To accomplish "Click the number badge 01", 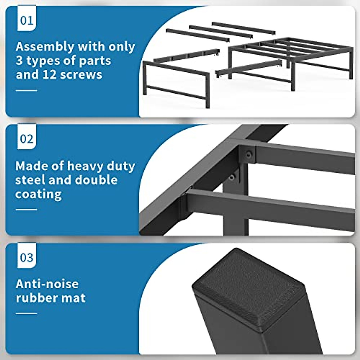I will (x=26, y=20).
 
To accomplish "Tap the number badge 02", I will (x=26, y=139).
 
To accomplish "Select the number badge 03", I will (x=26, y=257).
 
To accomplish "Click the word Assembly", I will (x=45, y=47).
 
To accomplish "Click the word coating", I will (x=38, y=194).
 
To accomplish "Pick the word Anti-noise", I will (x=47, y=284).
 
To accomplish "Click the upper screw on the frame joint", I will (x=248, y=155).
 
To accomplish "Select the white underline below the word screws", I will (x=26, y=90).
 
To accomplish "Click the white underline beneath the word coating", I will (x=26, y=209).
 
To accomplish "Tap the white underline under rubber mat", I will (x=26, y=313).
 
